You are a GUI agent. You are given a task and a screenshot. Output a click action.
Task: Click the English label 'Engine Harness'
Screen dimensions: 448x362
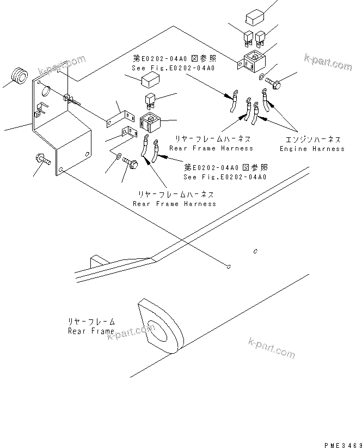[312, 149]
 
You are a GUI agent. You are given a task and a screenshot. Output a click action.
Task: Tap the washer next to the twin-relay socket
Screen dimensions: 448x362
[263, 76]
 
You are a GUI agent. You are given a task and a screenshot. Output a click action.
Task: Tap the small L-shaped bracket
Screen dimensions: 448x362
[128, 134]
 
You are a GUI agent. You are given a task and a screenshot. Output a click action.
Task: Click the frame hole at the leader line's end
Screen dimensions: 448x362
[229, 267]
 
